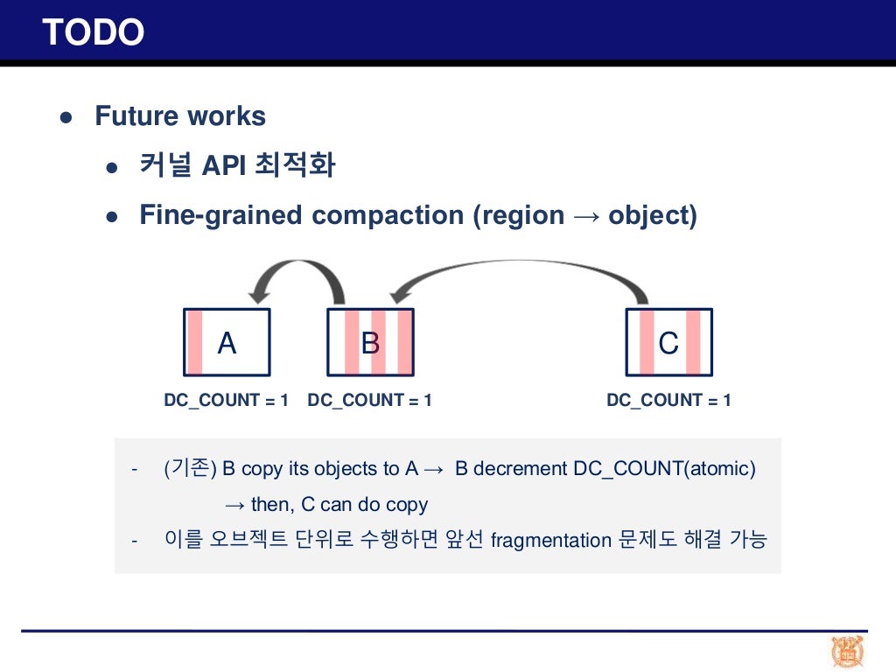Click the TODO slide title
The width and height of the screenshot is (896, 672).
[93, 32]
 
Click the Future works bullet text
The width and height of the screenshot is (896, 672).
[180, 116]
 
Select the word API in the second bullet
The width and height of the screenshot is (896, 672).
[222, 165]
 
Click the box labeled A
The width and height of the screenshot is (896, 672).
[227, 342]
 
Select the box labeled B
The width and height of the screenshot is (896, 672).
[370, 342]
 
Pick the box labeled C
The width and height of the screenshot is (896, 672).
[668, 342]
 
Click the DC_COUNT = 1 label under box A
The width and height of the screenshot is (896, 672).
[226, 401]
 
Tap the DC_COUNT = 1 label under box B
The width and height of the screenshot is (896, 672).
[369, 401]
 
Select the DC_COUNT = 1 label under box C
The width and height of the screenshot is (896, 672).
[668, 401]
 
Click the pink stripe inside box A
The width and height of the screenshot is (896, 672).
[195, 342]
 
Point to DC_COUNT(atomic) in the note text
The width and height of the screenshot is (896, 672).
[664, 469]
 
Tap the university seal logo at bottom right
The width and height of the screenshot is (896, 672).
[848, 652]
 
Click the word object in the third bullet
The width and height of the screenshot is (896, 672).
[649, 215]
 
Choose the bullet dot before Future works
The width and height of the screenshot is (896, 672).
[65, 117]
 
